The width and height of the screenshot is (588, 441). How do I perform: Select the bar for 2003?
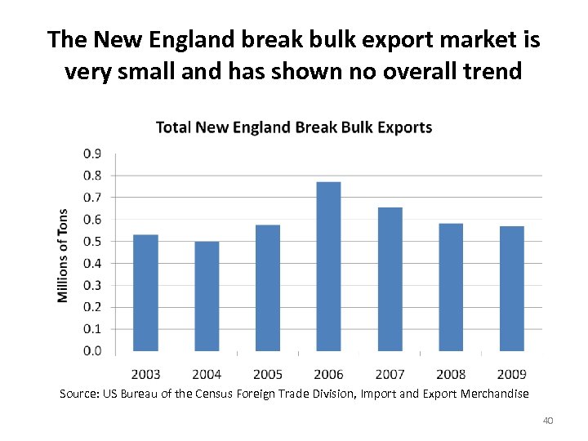pos(145,292)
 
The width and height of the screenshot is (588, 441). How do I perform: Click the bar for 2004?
pos(207,296)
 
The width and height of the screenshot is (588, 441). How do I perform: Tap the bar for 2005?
pos(268,287)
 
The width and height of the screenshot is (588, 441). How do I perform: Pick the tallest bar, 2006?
pos(328,266)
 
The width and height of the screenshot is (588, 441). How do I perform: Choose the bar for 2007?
pos(390,279)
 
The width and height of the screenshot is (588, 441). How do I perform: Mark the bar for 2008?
pos(451,287)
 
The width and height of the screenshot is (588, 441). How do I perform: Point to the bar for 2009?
pos(512,288)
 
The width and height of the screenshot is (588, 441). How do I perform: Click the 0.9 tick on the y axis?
pos(92,154)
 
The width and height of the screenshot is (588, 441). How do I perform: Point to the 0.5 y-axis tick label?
pos(92,242)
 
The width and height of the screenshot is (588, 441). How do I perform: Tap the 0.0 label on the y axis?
pos(92,351)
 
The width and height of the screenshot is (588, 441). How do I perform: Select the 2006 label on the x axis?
pos(328,374)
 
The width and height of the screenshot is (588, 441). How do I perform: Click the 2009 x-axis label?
pos(512,374)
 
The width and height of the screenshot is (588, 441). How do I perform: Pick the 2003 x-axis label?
pos(145,374)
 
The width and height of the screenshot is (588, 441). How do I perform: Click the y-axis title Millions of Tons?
pos(64,255)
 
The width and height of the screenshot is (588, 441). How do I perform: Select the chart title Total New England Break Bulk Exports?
pos(294,127)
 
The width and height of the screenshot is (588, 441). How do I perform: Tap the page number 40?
pos(548,421)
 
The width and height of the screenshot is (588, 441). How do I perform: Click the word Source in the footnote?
pos(78,394)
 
